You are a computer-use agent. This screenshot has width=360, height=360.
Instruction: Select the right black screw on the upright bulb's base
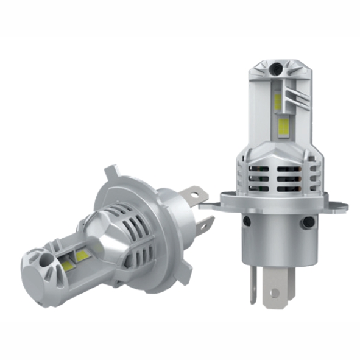coord(309,223)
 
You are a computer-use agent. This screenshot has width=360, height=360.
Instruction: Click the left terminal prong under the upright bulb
coord(254,284)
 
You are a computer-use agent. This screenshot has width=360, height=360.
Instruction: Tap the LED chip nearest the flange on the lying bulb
coord(83,255)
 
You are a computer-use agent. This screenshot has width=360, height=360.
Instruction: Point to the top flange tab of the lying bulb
coord(110,174)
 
